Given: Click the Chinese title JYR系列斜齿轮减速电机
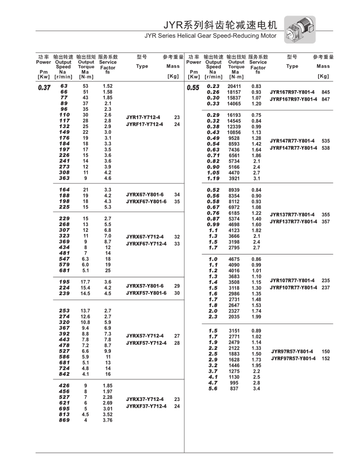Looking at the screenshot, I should tap(217, 25).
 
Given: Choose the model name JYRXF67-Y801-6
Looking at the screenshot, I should tap(146, 201).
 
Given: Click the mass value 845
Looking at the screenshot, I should tap(326, 92).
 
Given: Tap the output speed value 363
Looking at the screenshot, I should tap(64, 178).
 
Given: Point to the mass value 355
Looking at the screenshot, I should tap(326, 214).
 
